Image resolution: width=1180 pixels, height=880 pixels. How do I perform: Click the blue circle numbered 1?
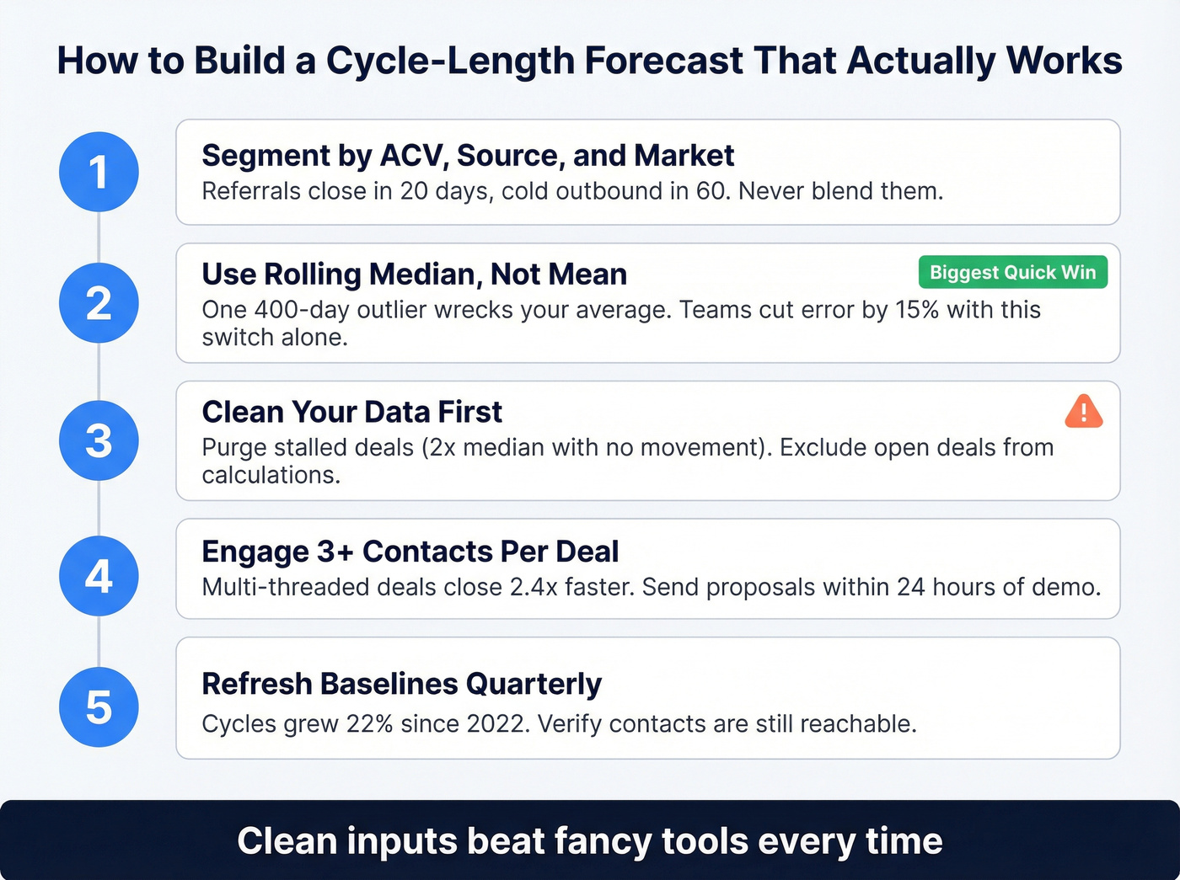pos(99,172)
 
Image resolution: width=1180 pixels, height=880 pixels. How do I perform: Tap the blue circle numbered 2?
pos(99,303)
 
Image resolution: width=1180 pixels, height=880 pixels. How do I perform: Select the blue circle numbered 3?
pos(99,440)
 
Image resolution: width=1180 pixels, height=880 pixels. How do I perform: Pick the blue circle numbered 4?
pos(99,576)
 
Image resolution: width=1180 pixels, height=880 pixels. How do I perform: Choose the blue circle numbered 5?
pos(99,707)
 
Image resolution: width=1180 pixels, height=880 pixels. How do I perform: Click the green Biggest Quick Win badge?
pos(1012,273)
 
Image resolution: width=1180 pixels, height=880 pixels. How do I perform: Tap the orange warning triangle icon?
pos(1083,412)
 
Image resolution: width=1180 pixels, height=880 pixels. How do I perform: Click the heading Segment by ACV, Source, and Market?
pos(468,156)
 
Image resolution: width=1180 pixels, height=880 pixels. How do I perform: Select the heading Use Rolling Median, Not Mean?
pos(414,275)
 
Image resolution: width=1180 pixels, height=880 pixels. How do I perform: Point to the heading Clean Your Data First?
pos(351,412)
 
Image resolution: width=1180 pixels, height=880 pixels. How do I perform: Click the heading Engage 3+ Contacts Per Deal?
pos(410,552)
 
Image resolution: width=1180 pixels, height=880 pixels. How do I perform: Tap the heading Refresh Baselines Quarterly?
pos(401,684)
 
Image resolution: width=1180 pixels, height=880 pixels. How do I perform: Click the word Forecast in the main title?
pos(663,61)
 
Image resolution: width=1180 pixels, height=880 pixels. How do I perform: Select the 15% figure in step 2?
pos(917,310)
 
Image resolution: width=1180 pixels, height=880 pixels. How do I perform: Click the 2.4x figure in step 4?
pos(534,587)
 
